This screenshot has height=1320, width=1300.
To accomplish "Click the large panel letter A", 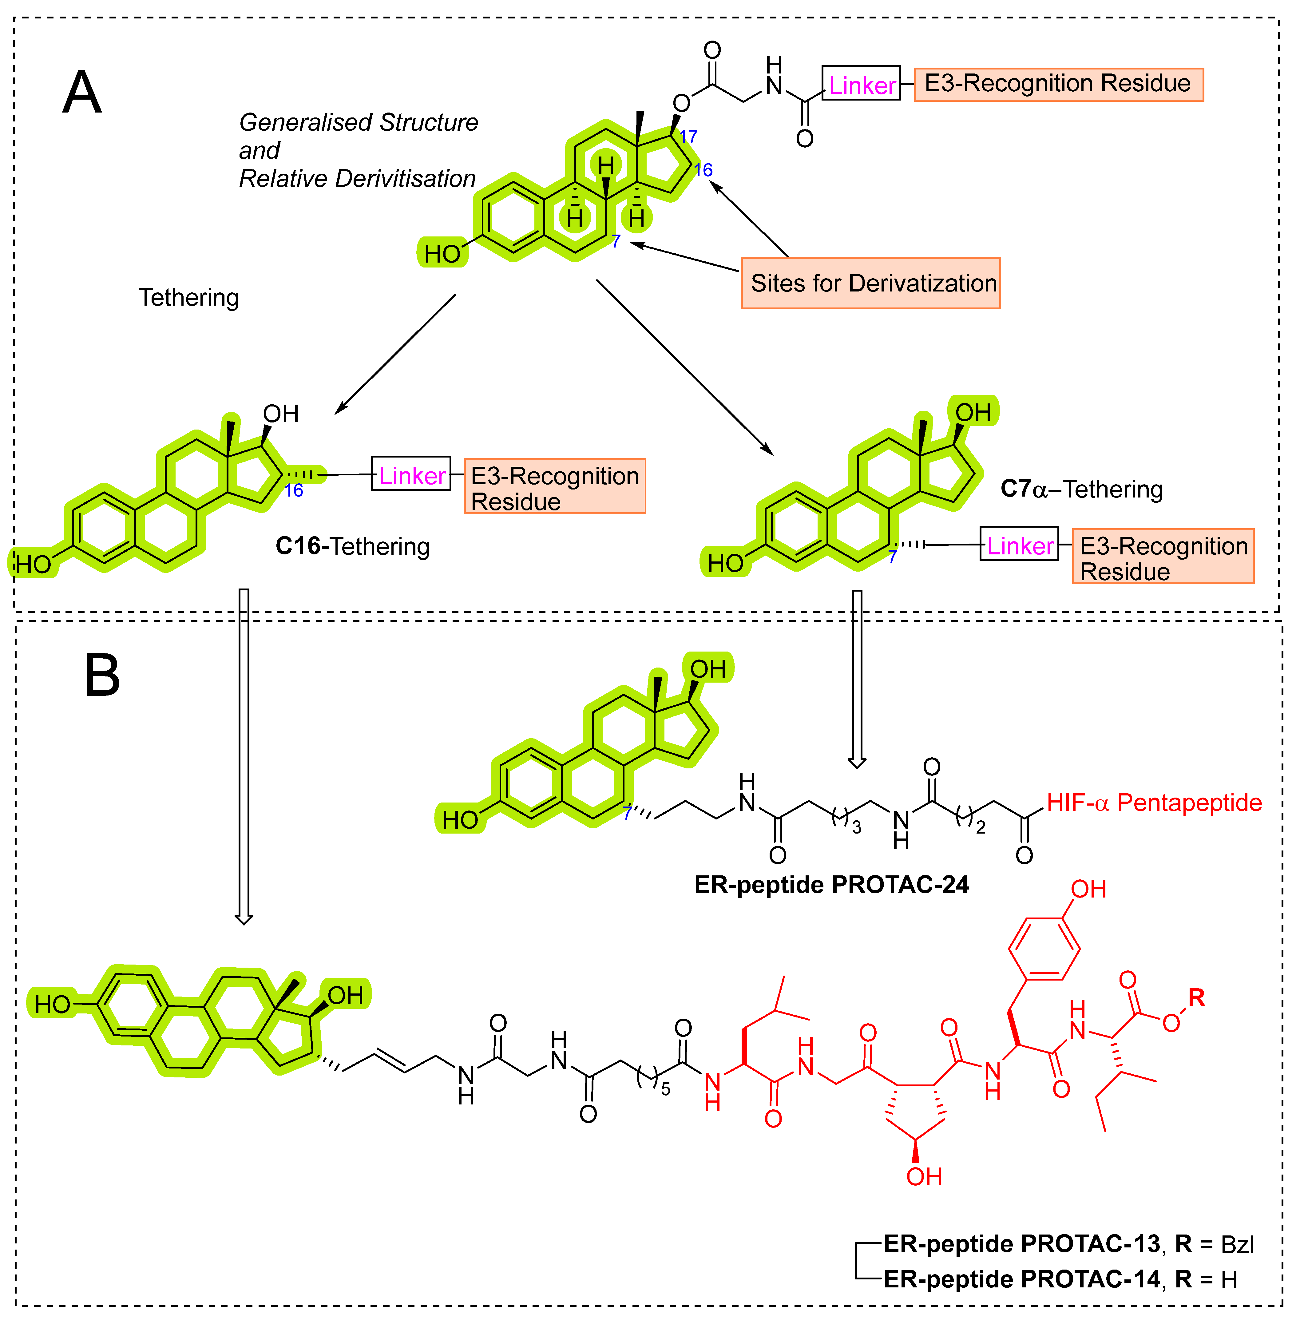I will (82, 93).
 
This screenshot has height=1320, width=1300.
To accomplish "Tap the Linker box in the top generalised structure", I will (861, 84).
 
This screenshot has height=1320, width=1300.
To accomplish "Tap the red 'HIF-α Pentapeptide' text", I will (1154, 803).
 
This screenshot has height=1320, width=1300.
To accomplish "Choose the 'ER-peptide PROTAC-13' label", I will (1021, 1244).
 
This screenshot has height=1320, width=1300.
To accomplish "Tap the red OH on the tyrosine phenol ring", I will (1088, 889).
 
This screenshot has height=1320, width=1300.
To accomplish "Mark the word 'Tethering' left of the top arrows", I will (188, 298).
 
